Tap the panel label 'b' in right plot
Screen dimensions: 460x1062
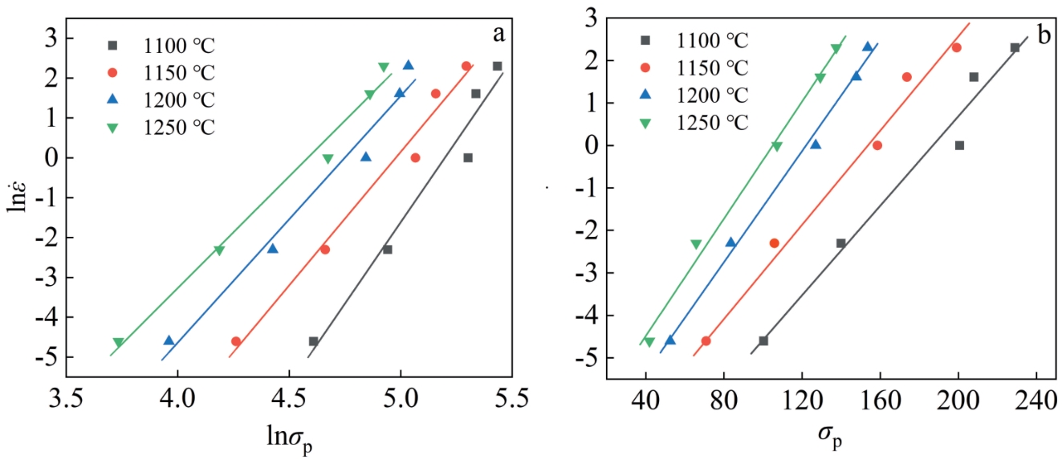click(x=1044, y=35)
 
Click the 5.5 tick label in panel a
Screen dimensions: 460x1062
click(x=511, y=398)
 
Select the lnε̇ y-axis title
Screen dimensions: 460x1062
click(x=17, y=196)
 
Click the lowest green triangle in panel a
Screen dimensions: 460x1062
click(x=118, y=343)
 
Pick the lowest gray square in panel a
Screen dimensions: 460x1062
click(x=313, y=341)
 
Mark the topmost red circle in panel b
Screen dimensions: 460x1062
click(x=956, y=47)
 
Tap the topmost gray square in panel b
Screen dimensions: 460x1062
click(x=1015, y=47)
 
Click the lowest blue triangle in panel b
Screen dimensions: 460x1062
click(x=670, y=340)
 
